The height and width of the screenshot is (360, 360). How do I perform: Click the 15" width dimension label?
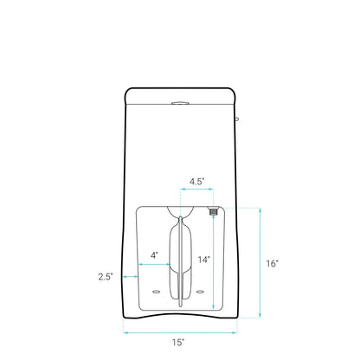178,343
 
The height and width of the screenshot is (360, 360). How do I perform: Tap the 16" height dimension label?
273,263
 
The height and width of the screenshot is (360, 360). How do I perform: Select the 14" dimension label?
203,260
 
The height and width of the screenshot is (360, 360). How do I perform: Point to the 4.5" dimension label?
197,182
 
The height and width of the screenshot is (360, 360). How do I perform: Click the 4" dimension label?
155,255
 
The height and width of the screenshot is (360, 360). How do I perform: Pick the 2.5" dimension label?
106,277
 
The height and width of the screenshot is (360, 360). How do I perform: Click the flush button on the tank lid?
180,103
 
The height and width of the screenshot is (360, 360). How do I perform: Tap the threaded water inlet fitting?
213,211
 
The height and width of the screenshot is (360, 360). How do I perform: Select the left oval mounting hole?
157,292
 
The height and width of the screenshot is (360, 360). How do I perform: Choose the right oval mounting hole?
200,292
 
